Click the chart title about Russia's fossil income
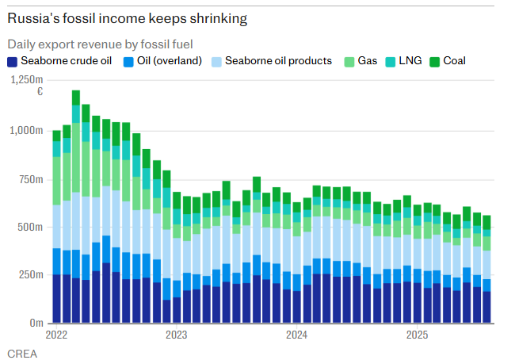[127, 17]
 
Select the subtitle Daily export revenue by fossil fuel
[101, 44]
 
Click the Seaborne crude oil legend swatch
[13, 61]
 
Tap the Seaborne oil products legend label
[278, 61]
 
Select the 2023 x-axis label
[176, 335]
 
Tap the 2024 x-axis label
[297, 335]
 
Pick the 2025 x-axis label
[418, 335]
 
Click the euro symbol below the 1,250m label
[40, 92]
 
